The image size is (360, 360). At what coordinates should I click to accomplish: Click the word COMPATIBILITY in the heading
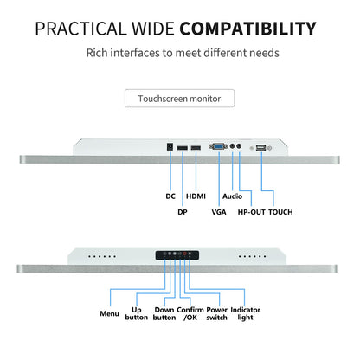[x=247, y=29]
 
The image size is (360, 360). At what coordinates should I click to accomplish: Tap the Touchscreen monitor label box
[x=179, y=99]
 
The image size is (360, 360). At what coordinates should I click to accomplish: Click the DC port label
[x=170, y=196]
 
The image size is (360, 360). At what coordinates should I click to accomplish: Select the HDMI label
[x=196, y=196]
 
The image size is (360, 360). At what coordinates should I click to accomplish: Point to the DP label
[x=183, y=212]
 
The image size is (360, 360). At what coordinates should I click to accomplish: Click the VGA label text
[x=219, y=212]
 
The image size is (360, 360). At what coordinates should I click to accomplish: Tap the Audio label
[x=232, y=196]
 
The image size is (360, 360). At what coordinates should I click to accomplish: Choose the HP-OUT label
[x=251, y=212]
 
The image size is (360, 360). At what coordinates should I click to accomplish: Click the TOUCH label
[x=280, y=212]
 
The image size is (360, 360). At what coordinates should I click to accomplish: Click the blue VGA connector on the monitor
[x=218, y=146]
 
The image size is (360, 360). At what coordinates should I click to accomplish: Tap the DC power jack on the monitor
[x=170, y=147]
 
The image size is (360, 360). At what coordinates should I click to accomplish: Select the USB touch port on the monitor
[x=260, y=148]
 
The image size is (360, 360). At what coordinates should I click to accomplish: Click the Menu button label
[x=109, y=313]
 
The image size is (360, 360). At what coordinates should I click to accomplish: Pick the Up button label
[x=137, y=313]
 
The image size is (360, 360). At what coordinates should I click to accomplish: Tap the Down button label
[x=164, y=313]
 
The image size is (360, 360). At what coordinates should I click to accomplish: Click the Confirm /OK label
[x=190, y=313]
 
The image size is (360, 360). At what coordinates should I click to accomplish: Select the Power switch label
[x=217, y=313]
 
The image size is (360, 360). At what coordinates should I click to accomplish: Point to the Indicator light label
[x=246, y=313]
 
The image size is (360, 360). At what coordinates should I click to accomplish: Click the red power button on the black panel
[x=184, y=254]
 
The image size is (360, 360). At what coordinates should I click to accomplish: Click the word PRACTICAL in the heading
[x=80, y=29]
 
